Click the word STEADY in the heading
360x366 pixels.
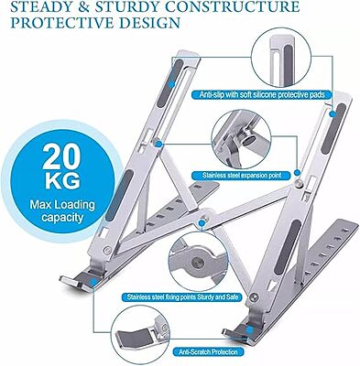38,6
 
